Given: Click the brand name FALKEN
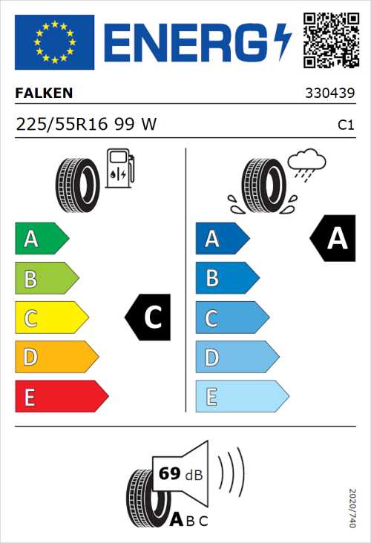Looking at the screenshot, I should pyautogui.click(x=45, y=94).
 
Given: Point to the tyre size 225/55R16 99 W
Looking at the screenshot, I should pyautogui.click(x=86, y=125).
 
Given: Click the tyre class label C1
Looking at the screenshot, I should pyautogui.click(x=345, y=125).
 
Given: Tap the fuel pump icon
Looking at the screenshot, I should pyautogui.click(x=119, y=168).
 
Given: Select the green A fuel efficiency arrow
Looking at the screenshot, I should pyautogui.click(x=41, y=239).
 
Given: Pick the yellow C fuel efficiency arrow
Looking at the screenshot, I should pyautogui.click(x=50, y=318).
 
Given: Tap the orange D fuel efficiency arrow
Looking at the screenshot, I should pyautogui.click(x=56, y=358).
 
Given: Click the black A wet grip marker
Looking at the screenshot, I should pyautogui.click(x=332, y=238).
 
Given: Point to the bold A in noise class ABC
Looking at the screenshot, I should pyautogui.click(x=178, y=520).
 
